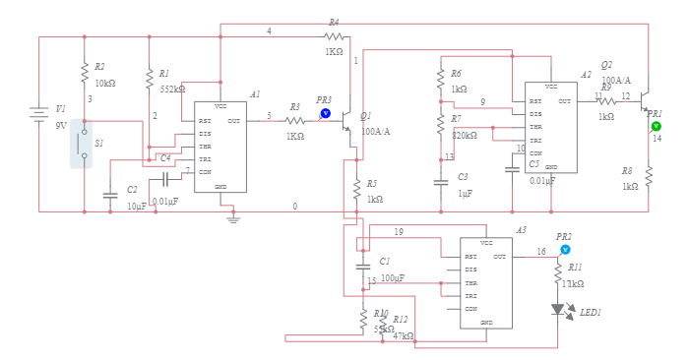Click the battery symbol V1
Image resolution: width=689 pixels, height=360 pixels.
[x=38, y=116]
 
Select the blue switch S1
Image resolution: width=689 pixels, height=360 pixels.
[x=82, y=144]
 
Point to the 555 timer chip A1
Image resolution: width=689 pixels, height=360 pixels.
[x=219, y=147]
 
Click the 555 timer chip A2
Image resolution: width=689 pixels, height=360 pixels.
[x=550, y=127]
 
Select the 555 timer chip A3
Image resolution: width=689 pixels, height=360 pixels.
[x=485, y=283]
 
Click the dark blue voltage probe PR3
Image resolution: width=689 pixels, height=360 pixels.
[x=326, y=113]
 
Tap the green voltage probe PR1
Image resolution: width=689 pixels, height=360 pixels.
[x=657, y=126]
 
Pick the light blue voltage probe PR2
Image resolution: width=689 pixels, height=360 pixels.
[x=565, y=250]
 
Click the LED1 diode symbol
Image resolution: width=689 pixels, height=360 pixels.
[x=558, y=310]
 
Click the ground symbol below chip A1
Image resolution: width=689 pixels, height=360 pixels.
[x=233, y=218]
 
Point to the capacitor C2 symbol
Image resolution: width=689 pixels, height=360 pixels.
[x=110, y=195]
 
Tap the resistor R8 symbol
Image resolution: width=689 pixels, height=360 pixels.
[x=649, y=176]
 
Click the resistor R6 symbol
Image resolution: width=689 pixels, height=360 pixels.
[x=441, y=81]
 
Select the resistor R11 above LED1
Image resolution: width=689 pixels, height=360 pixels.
[x=558, y=275]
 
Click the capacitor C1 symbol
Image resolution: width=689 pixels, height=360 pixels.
[x=362, y=267]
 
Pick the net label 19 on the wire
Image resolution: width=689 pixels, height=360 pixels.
[x=399, y=232]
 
